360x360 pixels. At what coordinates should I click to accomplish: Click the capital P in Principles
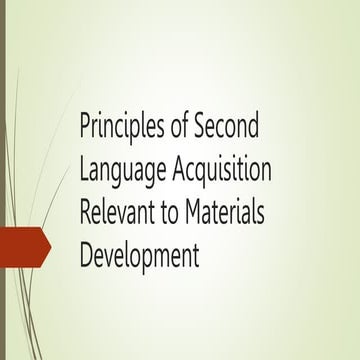pyautogui.click(x=86, y=130)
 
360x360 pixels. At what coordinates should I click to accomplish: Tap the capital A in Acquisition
pyautogui.click(x=179, y=172)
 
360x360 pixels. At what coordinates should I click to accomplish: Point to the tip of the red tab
pyautogui.click(x=51, y=247)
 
